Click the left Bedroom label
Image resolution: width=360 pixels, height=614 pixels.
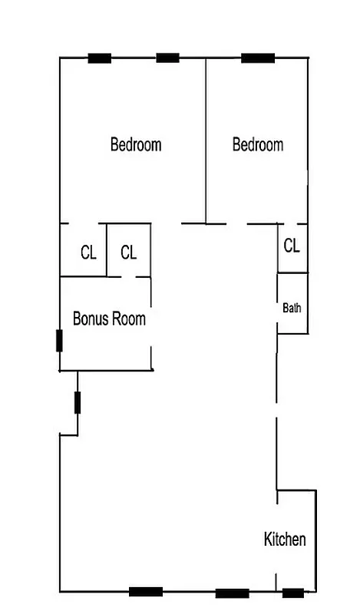136,144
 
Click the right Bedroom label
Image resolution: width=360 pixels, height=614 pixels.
258,144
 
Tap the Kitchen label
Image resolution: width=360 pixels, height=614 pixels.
285,540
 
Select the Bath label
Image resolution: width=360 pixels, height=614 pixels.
292,309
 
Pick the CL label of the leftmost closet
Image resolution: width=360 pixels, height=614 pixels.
88,253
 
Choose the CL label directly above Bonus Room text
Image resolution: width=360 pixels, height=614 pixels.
128,253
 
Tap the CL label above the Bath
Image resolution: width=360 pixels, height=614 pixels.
292,246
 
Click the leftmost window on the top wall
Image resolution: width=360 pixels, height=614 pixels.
99,58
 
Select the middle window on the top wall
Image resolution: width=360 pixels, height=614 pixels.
167,58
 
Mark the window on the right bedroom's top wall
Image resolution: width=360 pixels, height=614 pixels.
258,58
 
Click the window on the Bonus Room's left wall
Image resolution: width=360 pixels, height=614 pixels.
59,340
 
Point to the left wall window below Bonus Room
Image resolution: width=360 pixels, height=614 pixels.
78,402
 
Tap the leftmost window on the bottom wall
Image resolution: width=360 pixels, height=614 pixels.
145,591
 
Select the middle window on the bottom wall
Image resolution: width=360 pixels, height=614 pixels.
232,593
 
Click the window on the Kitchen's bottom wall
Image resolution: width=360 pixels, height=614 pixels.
292,593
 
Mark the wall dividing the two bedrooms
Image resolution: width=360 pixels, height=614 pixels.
206,138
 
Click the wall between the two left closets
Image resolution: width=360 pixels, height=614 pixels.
107,250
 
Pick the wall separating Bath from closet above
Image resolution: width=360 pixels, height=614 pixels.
292,272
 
